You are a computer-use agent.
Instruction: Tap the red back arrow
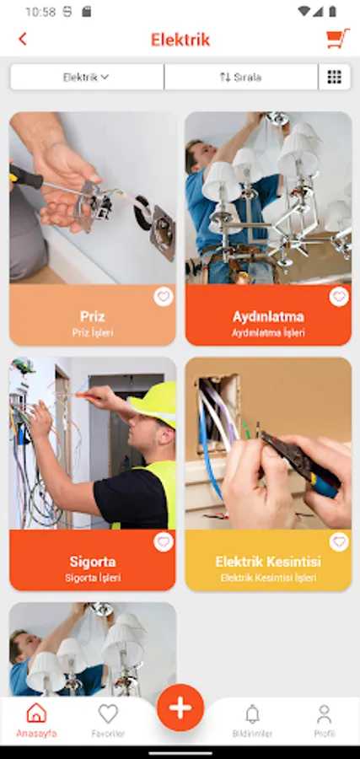click(x=22, y=39)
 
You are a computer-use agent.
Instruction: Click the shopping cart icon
click(x=338, y=39)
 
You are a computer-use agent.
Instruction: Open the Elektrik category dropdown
click(x=87, y=77)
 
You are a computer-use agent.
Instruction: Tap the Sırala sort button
click(x=241, y=77)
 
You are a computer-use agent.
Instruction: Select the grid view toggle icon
click(x=335, y=77)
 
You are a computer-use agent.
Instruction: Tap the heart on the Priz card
click(x=164, y=297)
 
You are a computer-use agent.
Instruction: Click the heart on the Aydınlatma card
click(x=339, y=297)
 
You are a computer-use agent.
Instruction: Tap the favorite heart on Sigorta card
click(x=164, y=542)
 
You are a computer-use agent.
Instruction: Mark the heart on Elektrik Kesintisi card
click(x=339, y=542)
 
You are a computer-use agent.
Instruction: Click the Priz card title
click(x=93, y=316)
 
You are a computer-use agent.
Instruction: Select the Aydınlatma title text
click(x=268, y=316)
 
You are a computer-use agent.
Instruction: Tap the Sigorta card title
click(x=93, y=562)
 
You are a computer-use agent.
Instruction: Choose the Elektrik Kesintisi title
click(x=268, y=562)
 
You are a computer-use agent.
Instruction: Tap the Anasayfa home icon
click(x=36, y=713)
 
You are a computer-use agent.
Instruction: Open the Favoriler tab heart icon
click(x=108, y=713)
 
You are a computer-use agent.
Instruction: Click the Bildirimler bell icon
click(x=252, y=714)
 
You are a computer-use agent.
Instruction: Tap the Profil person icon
click(x=325, y=714)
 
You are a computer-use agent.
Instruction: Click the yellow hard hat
click(x=154, y=404)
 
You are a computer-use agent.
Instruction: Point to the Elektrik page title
click(x=180, y=40)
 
